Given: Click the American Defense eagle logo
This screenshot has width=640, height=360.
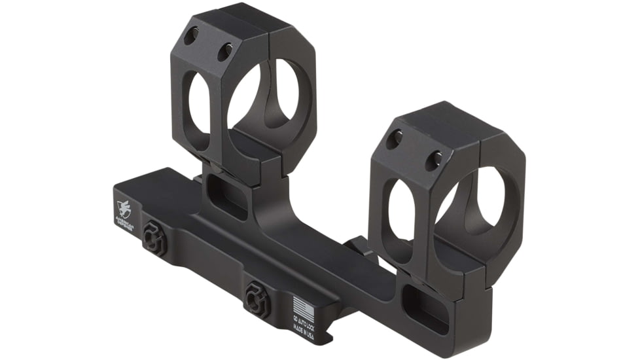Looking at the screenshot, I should click(125, 209).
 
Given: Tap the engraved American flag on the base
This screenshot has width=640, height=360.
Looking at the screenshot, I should click(301, 306).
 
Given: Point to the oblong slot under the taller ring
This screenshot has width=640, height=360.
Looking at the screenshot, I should click(224, 192).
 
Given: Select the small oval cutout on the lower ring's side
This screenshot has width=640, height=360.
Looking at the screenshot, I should click(400, 209).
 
